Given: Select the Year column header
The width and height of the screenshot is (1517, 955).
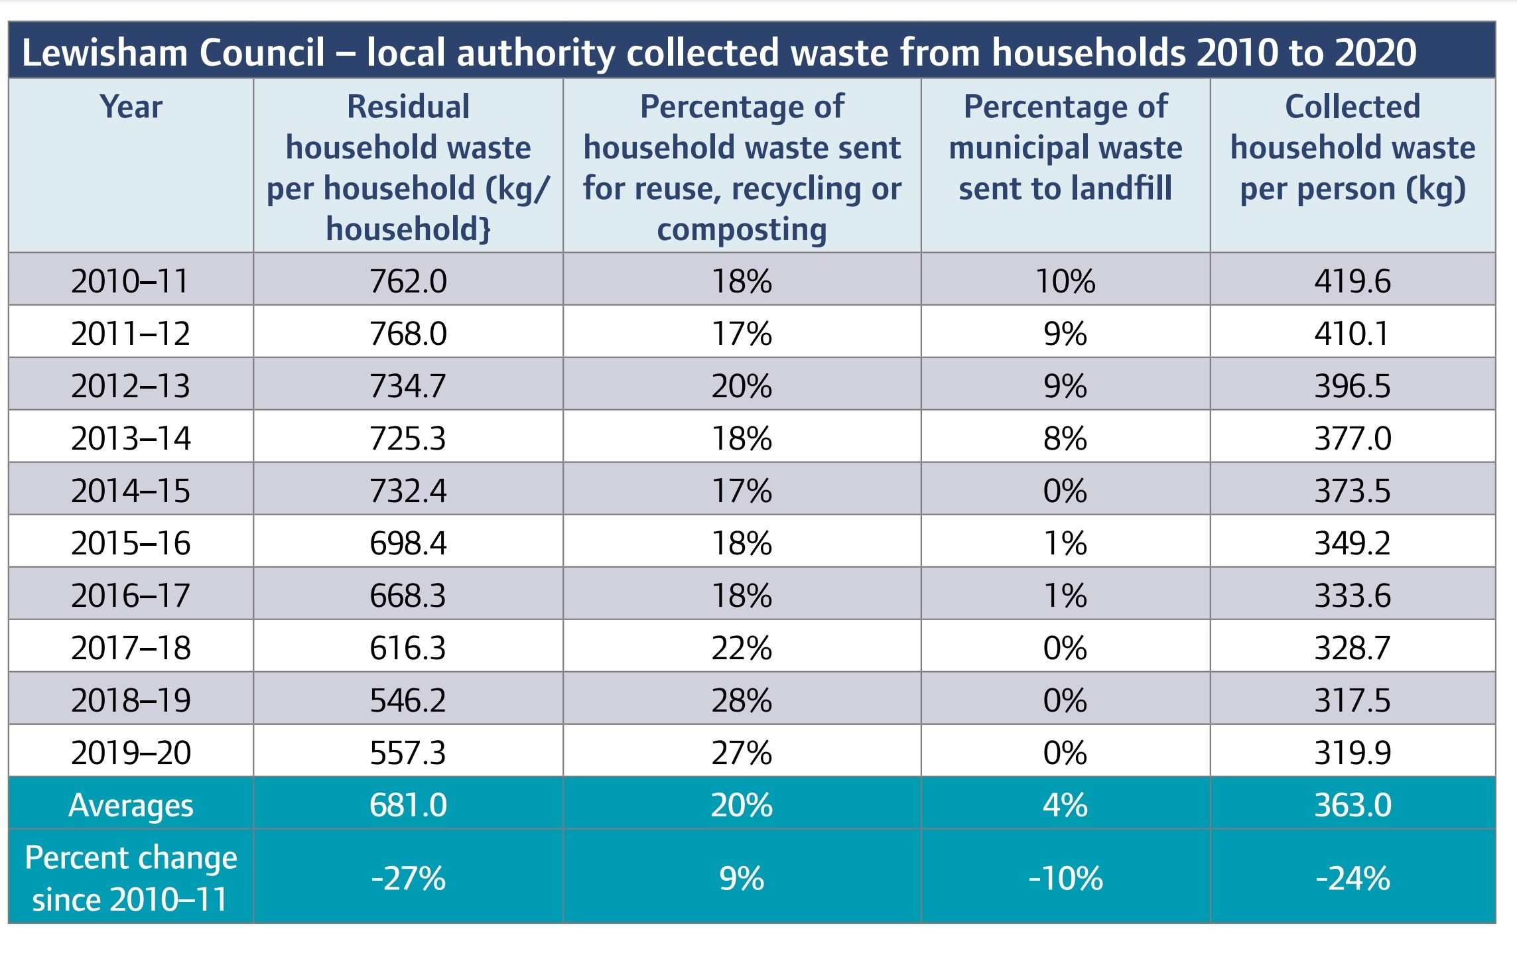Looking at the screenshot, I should (131, 107).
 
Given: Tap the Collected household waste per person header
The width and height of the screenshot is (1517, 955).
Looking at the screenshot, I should (1352, 147).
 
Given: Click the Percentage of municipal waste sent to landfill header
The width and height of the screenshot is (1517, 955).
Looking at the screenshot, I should (1065, 147).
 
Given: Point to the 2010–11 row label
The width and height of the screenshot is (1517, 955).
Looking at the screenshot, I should (130, 281).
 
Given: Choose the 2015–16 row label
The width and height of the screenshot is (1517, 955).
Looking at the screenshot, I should (131, 543).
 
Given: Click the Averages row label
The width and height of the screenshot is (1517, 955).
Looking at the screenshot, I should (131, 806).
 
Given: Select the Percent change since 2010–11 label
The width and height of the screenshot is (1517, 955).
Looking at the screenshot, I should (131, 878).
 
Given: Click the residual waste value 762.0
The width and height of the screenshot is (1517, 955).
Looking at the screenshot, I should (408, 281).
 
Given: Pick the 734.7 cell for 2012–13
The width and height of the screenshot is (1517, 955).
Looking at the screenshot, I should (408, 386).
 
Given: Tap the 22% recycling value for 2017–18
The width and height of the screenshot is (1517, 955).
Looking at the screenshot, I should (742, 648).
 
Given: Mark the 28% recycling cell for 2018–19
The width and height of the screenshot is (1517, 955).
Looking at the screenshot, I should (742, 700).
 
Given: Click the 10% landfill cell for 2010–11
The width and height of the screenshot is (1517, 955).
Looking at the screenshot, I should (1065, 281).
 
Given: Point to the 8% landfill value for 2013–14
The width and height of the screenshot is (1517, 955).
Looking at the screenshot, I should (1065, 438).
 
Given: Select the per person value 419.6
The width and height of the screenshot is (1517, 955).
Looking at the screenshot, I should (1352, 281).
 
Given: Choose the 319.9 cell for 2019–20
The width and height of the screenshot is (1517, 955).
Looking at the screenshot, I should (1352, 753).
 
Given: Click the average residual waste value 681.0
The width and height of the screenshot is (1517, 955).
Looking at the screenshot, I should (408, 805).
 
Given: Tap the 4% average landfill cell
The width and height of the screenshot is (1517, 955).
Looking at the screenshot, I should (1065, 805).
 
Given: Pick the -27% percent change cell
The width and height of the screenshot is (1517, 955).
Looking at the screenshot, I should (408, 879).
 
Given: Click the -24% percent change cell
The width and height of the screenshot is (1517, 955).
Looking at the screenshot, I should (1352, 879).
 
